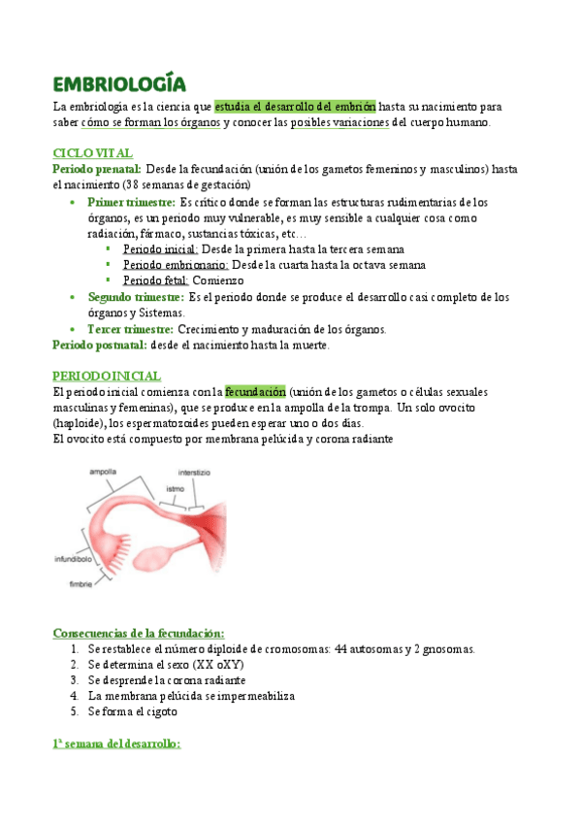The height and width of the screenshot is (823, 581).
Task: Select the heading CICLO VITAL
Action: point(92,153)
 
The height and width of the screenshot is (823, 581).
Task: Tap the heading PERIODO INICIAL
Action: point(107,376)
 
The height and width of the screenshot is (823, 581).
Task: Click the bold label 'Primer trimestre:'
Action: point(131,202)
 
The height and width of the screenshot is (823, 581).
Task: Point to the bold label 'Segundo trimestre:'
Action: point(136,296)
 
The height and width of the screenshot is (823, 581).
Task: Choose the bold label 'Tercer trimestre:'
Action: point(130,329)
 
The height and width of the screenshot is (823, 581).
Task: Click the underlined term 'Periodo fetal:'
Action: point(155,280)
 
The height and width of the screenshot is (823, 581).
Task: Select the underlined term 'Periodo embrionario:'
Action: point(176,265)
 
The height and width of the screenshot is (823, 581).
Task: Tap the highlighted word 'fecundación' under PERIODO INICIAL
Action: point(255,392)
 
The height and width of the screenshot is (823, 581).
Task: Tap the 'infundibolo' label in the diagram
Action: point(73,560)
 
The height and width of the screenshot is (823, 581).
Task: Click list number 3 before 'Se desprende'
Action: point(75,680)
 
